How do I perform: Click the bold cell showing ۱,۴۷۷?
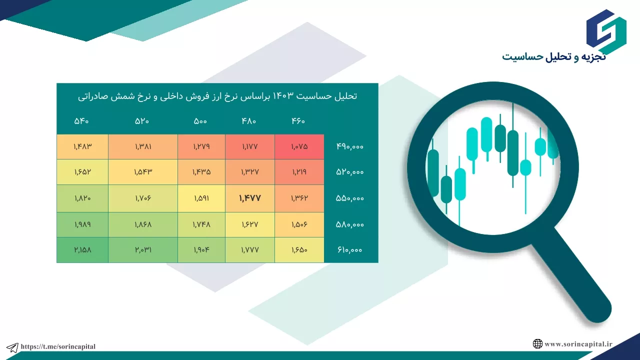pos(250,198)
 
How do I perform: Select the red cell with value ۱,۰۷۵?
pos(299,146)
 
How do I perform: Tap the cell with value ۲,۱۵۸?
pos(82,249)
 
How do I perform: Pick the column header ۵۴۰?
pos(81,121)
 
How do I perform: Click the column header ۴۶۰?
pos(298,121)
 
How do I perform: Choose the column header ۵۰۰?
pos(200,121)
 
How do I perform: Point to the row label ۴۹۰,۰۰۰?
pos(350,146)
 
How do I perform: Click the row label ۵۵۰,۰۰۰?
pos(350,198)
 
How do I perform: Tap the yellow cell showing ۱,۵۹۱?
pos(201,198)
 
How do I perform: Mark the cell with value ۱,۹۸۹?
pos(82,224)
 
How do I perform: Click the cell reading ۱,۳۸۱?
pos(143,146)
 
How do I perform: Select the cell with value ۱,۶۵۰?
pos(299,249)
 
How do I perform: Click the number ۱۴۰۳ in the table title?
pos(283,96)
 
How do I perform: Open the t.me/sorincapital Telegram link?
pos(58,346)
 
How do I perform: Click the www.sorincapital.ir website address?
pos(578,344)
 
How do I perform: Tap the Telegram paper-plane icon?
pos(12,347)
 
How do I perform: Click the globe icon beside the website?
pos(537,343)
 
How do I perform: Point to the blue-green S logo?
pos(606,31)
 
